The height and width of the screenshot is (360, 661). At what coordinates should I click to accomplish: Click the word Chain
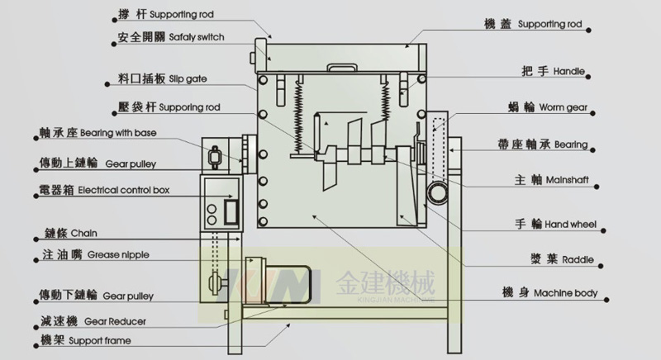click(84, 234)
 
